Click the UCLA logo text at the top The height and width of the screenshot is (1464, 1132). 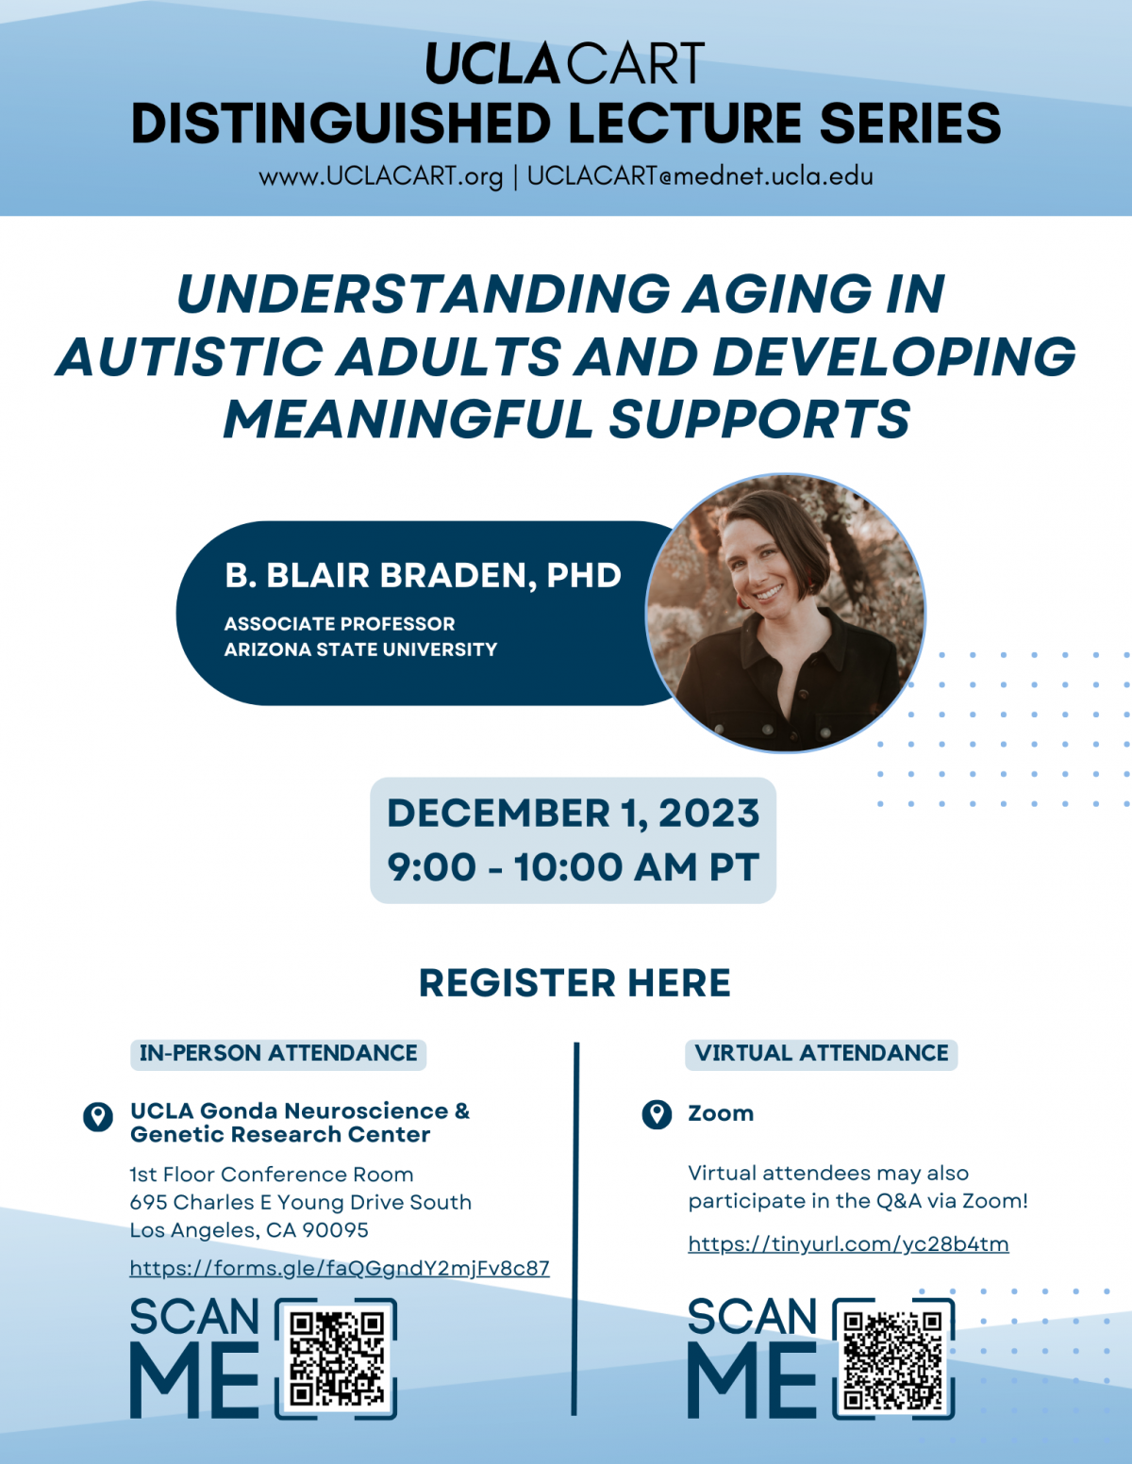tap(492, 63)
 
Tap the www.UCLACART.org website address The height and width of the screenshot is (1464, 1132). tap(381, 176)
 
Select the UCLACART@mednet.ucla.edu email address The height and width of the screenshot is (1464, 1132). tap(700, 176)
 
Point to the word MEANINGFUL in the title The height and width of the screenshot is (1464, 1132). tap(408, 419)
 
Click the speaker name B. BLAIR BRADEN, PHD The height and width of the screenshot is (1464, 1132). tap(423, 575)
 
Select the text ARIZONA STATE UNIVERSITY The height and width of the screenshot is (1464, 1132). tap(360, 650)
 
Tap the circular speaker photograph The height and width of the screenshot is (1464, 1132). tap(786, 613)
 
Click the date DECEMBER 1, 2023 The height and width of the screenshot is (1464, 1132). tap(574, 813)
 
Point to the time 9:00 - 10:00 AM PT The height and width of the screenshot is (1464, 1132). tap(574, 866)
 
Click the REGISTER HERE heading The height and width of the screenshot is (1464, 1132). tap(574, 982)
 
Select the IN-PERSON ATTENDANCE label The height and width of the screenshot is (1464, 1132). tap(277, 1054)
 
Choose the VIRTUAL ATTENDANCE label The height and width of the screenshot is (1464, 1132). tap(822, 1054)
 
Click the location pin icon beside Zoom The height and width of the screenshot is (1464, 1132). tap(657, 1114)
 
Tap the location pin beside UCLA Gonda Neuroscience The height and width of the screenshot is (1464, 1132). tap(98, 1118)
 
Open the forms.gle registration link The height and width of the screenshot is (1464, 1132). tap(339, 1269)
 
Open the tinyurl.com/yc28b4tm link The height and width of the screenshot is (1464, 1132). tap(848, 1243)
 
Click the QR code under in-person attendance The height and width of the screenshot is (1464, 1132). tap(337, 1358)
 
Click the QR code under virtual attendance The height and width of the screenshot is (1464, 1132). tap(893, 1359)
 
